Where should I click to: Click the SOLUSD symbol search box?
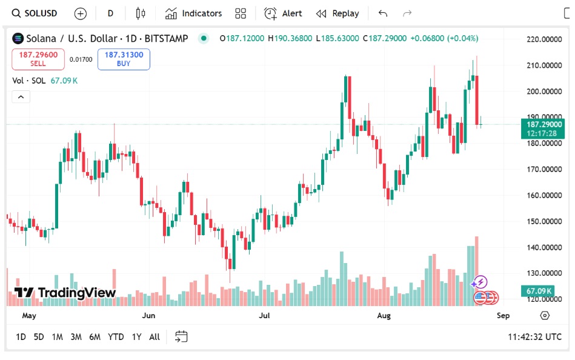35,13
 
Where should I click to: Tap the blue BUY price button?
124,59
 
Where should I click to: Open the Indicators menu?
194,13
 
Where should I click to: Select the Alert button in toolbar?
284,13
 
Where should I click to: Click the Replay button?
337,13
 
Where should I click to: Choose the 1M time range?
57,337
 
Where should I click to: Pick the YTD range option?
116,337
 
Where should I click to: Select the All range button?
155,337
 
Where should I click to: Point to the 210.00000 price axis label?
543,65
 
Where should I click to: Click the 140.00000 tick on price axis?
543,247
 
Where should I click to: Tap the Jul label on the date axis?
264,316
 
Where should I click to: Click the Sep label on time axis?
503,316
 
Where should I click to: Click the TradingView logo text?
65,293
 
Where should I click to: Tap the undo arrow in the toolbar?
382,13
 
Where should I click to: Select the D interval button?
110,13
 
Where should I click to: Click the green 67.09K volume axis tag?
538,292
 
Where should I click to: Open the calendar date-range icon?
181,337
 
